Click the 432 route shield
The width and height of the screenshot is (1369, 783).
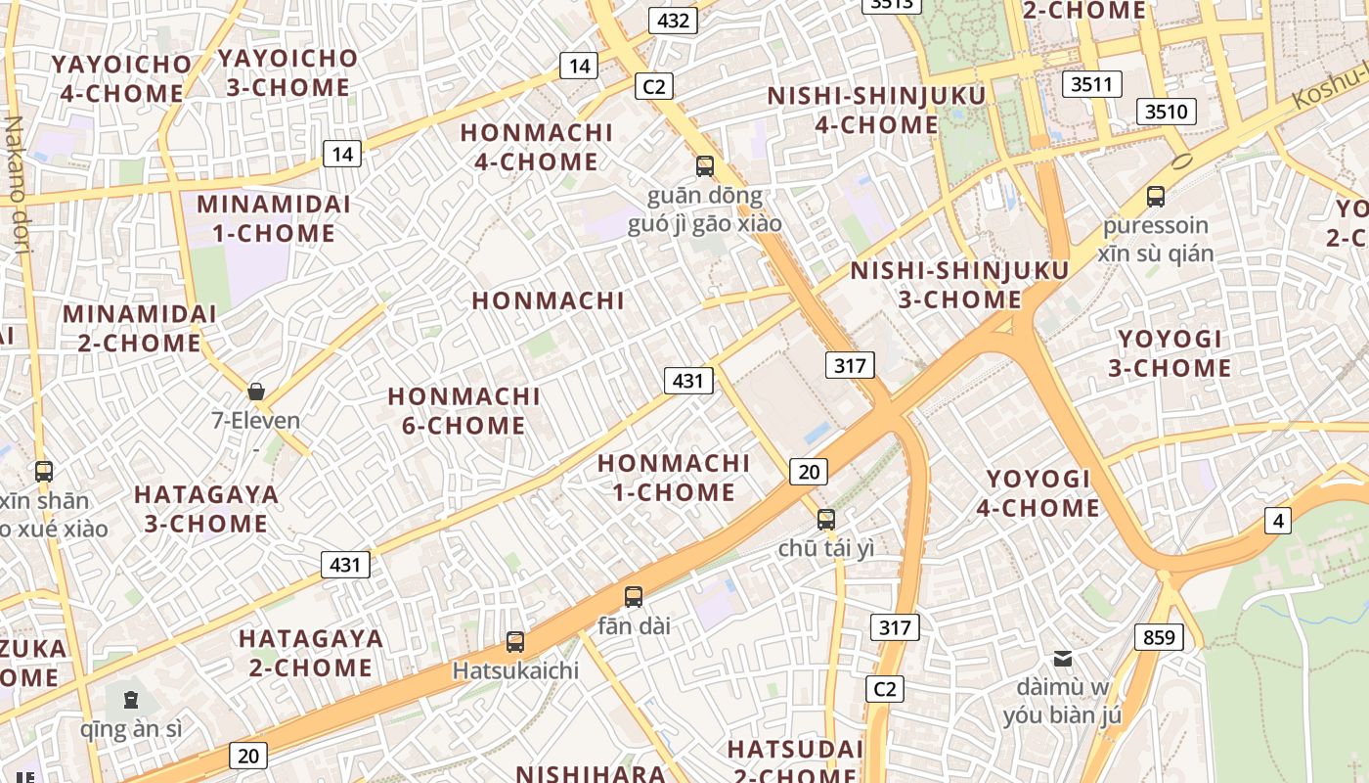click(x=673, y=21)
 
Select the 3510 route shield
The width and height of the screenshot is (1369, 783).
click(x=1166, y=111)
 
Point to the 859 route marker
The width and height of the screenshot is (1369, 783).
click(x=1159, y=638)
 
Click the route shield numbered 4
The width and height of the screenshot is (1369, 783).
click(x=1278, y=521)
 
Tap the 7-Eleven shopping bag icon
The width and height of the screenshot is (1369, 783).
click(x=256, y=391)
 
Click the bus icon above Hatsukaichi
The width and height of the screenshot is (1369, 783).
click(x=515, y=642)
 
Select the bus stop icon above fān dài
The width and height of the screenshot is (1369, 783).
click(x=634, y=596)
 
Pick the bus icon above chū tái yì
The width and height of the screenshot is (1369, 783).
click(x=826, y=519)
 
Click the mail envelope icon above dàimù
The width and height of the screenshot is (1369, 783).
click(x=1063, y=658)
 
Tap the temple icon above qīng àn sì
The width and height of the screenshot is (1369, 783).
click(x=131, y=699)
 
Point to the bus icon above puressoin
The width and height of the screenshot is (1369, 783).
click(x=1156, y=196)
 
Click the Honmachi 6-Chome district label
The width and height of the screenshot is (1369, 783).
click(x=464, y=411)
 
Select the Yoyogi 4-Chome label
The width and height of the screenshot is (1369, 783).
click(x=1038, y=493)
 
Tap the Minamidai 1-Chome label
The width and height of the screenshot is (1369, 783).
click(x=274, y=219)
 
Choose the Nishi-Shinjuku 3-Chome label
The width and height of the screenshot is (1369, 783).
click(x=958, y=285)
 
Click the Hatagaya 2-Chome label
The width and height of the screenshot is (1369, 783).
click(x=311, y=653)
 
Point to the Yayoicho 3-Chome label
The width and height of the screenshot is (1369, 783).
click(x=287, y=72)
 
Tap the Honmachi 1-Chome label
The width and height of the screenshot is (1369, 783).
click(x=674, y=477)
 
